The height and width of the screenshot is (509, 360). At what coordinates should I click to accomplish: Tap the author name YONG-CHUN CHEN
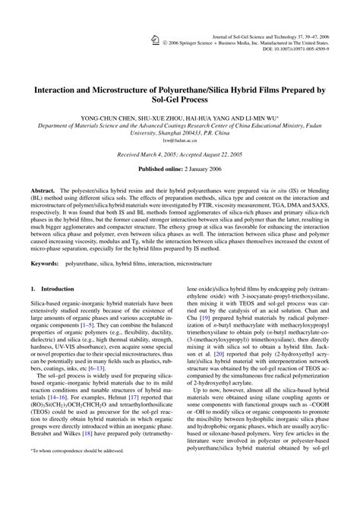click(121, 121)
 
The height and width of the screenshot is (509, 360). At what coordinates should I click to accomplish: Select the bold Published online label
click(162, 168)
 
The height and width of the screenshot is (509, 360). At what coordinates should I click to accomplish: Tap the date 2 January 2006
click(207, 168)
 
